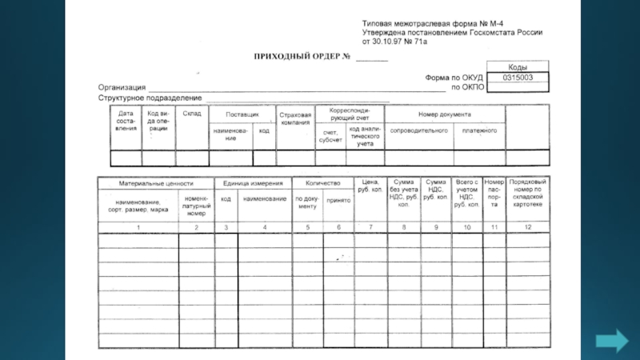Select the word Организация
pos(122,87)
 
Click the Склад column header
pos(192,114)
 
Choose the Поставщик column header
pos(242,114)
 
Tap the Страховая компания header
pos(295,118)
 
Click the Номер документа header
pos(444,114)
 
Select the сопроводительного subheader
pos(418,130)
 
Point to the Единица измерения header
pos(252,183)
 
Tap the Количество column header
pos(323,183)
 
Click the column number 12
pos(527,228)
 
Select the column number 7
pos(370,228)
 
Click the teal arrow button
pos(612,340)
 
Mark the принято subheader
pos(338,202)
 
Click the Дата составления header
pos(126,121)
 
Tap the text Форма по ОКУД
pos(452,78)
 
